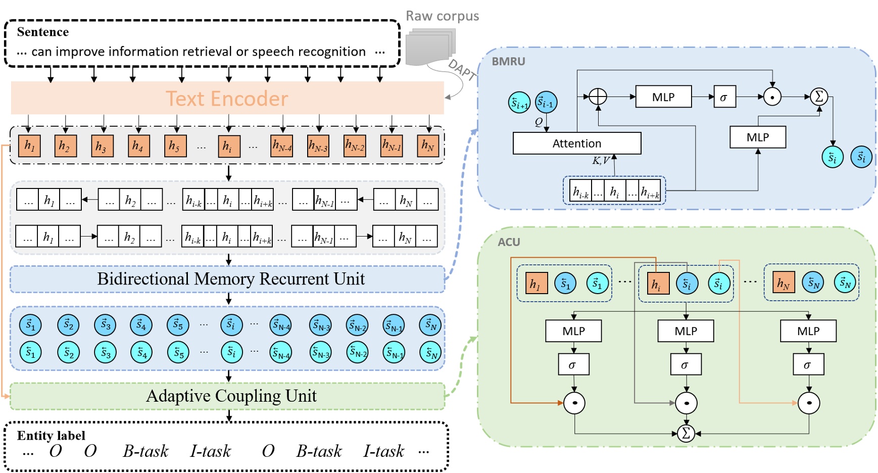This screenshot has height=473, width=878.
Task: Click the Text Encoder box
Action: pos(227,99)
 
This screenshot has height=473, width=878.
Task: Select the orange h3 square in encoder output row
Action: pos(102,146)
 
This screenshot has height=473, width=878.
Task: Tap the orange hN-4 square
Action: pos(281,146)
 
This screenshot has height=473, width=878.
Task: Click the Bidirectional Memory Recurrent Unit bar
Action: pos(227,279)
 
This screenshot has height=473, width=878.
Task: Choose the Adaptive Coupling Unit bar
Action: pos(227,396)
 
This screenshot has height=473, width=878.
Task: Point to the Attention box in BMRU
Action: pos(577,144)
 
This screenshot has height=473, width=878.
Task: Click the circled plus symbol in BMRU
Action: pos(598,97)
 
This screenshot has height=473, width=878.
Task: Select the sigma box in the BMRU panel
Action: pos(724,97)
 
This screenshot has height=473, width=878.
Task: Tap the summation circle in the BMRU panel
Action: pos(819,97)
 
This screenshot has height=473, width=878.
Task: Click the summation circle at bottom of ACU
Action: pos(686,433)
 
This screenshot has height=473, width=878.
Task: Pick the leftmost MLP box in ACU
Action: pos(573,331)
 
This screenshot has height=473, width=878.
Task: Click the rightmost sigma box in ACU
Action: pos(808,364)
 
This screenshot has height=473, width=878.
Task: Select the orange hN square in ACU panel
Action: pos(783,282)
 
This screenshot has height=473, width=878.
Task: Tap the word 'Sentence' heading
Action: pos(43,32)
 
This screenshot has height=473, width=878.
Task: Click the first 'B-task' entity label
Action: pos(145,451)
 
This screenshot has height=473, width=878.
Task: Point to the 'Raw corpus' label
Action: pos(443,16)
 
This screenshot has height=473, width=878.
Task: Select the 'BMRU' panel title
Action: pos(509,61)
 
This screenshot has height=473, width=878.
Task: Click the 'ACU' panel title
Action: pos(509,242)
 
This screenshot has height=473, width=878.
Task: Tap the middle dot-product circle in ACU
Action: pos(686,403)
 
